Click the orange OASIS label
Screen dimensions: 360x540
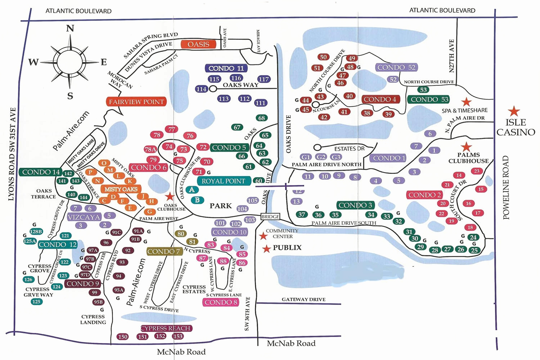198,44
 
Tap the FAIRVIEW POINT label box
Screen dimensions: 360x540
136,102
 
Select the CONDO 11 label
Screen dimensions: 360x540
226,68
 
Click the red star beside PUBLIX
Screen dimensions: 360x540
266,249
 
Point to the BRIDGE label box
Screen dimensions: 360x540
270,217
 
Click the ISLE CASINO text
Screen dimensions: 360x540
516,127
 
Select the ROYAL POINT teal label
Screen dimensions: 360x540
224,181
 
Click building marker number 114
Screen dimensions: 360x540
201,89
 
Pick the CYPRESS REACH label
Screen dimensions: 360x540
166,328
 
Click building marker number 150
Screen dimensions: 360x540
122,337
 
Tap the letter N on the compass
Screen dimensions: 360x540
70,28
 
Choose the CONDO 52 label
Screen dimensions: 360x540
396,67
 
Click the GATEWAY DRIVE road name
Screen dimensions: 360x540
303,300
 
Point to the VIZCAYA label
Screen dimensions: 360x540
84,217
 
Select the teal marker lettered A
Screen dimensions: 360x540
192,190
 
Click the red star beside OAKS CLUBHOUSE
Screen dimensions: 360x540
170,197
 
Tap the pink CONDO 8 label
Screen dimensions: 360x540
221,302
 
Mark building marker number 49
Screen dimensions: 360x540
352,58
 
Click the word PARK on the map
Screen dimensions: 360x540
221,206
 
